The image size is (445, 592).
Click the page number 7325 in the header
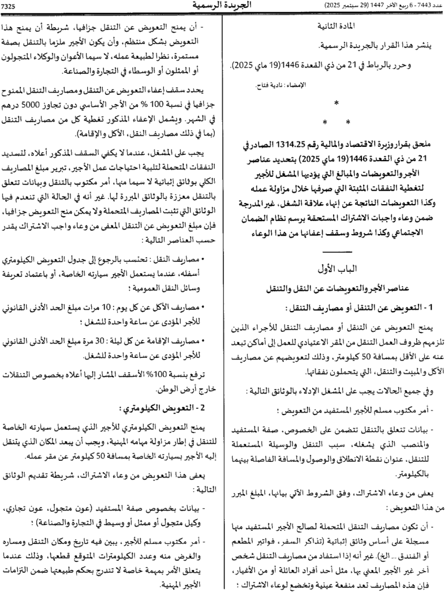12,6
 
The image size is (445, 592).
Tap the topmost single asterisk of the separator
337,103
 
